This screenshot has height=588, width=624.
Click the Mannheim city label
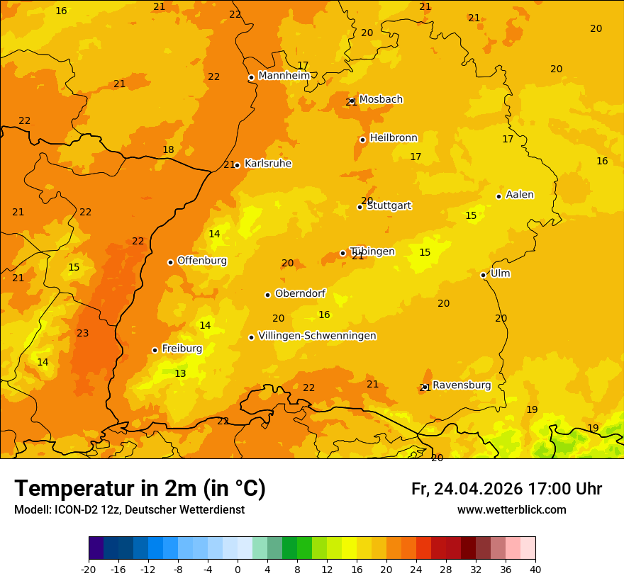(284, 76)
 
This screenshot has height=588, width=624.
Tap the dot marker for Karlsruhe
(237, 165)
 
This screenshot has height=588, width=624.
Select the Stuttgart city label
(389, 206)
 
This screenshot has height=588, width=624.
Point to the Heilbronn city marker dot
(362, 140)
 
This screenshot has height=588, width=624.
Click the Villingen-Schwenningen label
(317, 336)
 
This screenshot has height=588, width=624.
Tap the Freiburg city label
(182, 349)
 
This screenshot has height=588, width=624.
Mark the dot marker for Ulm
(483, 275)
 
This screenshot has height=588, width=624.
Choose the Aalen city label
(519, 195)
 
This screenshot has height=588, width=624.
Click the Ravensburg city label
(461, 385)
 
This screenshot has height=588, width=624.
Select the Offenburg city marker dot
(170, 262)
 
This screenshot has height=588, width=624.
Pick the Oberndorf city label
(300, 293)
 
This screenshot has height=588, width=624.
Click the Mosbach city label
(380, 100)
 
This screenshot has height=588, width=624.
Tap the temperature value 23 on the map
(83, 334)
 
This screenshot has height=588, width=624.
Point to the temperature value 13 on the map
(181, 374)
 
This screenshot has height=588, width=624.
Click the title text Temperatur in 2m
(140, 489)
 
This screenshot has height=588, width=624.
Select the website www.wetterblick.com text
(511, 510)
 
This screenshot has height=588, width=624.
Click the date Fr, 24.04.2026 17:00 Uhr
(506, 489)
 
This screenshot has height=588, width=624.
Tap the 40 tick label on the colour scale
(535, 569)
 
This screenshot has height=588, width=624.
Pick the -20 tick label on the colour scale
(89, 569)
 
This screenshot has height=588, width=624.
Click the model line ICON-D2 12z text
(129, 510)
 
